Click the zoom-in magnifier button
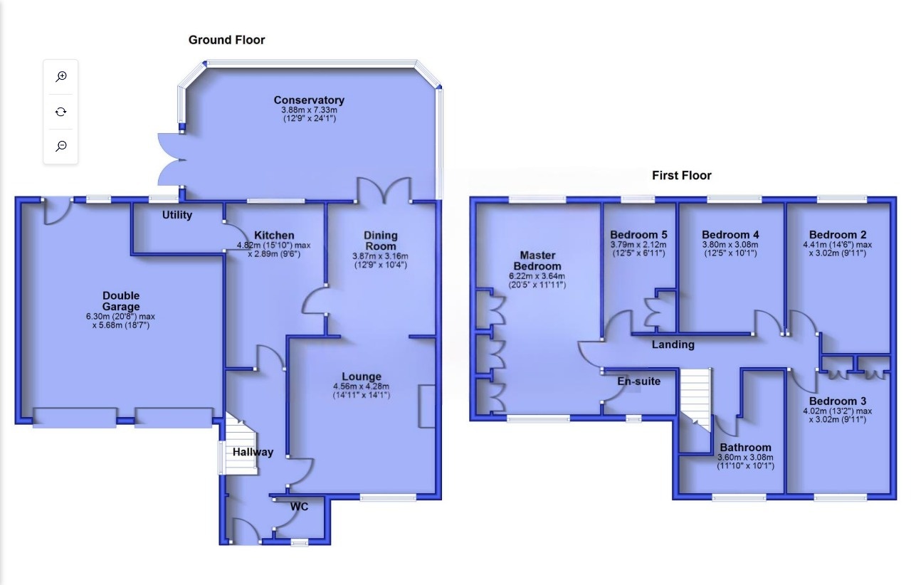click(x=61, y=77)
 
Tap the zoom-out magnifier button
click(x=61, y=146)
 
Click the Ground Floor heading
click(x=226, y=40)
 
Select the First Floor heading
click(x=681, y=175)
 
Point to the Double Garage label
click(x=121, y=301)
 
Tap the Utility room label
click(x=177, y=214)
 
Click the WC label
click(x=298, y=507)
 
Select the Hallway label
click(x=253, y=451)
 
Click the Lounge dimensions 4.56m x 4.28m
click(x=361, y=387)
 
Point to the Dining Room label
click(x=381, y=241)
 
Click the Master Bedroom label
click(x=537, y=260)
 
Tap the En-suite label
click(x=638, y=381)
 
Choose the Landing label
click(x=673, y=344)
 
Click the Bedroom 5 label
click(x=638, y=235)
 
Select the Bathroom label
click(x=745, y=448)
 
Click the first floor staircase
click(x=695, y=399)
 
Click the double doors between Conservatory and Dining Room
click(x=384, y=191)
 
